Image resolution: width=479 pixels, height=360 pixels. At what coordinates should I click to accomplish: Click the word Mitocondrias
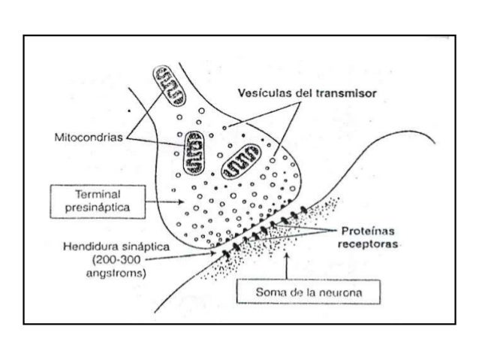pos(89,138)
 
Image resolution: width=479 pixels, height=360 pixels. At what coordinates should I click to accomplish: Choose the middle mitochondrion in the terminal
pos(194,149)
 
